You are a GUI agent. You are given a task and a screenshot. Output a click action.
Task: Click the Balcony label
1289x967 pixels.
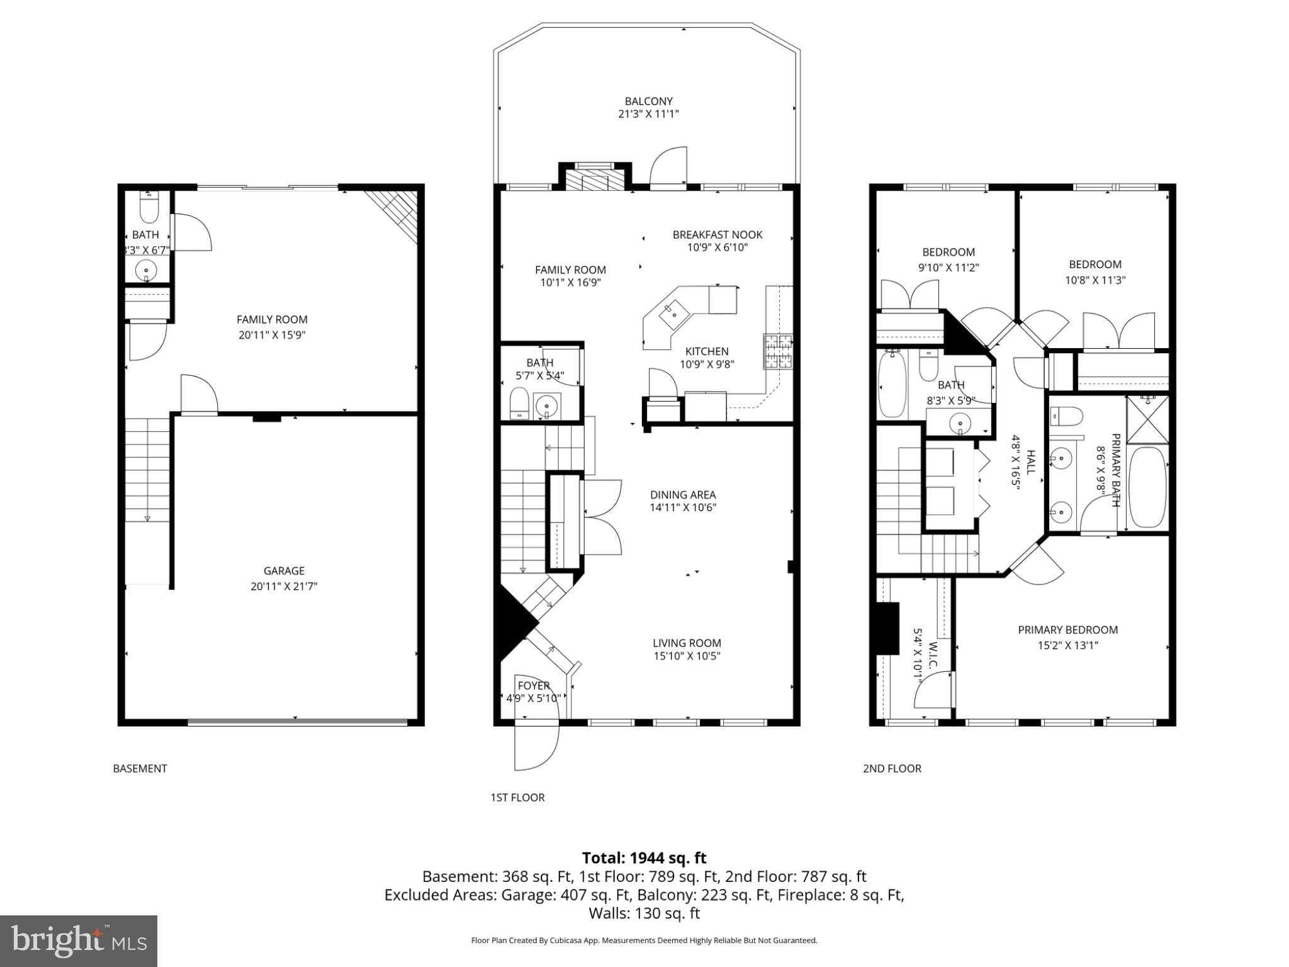tap(648, 101)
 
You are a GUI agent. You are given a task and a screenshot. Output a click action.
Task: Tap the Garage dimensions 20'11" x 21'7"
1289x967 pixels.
tap(283, 586)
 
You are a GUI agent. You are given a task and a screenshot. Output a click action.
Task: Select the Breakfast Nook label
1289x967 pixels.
tap(717, 234)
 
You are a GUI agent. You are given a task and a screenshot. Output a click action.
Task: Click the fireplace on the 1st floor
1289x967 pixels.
tap(594, 179)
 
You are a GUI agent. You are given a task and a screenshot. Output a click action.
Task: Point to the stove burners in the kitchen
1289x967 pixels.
tap(778, 351)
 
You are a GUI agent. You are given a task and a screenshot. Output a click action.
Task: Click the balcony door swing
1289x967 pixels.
tap(668, 166)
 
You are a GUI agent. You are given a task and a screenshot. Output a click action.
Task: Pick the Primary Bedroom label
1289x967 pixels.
tap(1067, 630)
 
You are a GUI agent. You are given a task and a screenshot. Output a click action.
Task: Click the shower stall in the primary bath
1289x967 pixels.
tap(1147, 419)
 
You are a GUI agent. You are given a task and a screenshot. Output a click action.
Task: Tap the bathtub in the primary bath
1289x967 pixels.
tap(1147, 487)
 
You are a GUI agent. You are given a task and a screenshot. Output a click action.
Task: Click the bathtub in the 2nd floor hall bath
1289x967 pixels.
tap(891, 385)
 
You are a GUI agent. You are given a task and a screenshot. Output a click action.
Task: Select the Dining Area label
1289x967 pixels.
tap(683, 495)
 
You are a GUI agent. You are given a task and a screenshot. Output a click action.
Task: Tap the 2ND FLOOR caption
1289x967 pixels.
tap(891, 768)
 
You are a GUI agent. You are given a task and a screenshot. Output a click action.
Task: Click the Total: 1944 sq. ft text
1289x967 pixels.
tap(644, 857)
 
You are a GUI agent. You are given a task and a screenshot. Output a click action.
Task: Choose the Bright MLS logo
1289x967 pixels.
tap(79, 941)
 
